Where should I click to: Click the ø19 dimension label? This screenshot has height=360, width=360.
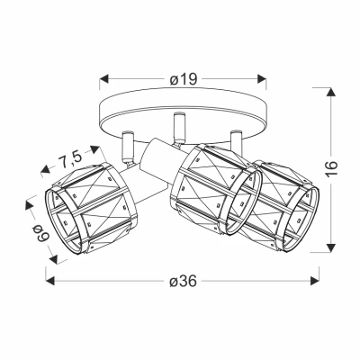click(183, 79)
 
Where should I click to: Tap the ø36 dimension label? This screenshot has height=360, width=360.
click(183, 281)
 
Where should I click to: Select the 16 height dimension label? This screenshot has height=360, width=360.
click(331, 169)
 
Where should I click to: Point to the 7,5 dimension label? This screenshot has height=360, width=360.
click(69, 159)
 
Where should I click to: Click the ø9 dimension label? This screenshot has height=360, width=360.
click(40, 234)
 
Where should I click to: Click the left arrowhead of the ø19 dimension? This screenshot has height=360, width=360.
click(103, 79)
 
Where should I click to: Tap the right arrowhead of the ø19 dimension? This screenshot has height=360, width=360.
click(262, 79)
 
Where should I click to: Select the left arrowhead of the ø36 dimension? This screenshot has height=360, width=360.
click(49, 281)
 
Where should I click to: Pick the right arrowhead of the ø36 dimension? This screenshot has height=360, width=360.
click(315, 281)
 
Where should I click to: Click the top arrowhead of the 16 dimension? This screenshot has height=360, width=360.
click(331, 92)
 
